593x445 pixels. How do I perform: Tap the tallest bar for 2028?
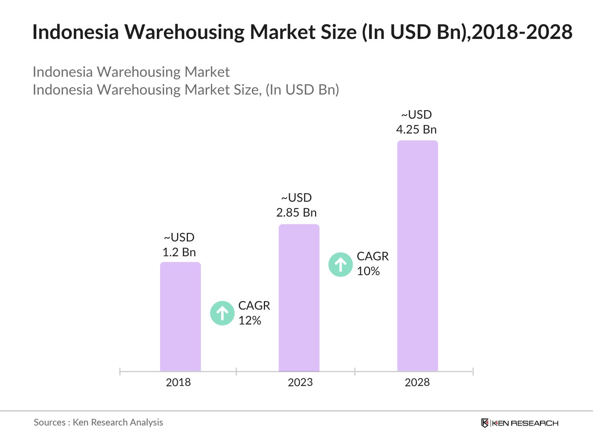417,256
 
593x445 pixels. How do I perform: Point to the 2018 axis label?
178,382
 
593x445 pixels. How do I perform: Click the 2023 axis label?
300,382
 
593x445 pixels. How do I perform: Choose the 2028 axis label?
417,382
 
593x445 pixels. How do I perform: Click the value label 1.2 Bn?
179,252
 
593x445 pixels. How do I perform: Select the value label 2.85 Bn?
296,212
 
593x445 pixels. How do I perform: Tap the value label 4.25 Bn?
416,129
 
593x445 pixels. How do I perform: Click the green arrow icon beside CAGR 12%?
222,313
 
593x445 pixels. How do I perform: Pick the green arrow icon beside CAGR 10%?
341,264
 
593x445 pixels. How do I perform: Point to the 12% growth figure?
250,320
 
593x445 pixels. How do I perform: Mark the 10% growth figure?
368,271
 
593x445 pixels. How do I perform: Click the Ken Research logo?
519,423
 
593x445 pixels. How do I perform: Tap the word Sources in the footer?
50,422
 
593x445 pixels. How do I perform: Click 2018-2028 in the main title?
522,32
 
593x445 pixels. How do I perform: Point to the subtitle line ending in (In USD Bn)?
186,90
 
